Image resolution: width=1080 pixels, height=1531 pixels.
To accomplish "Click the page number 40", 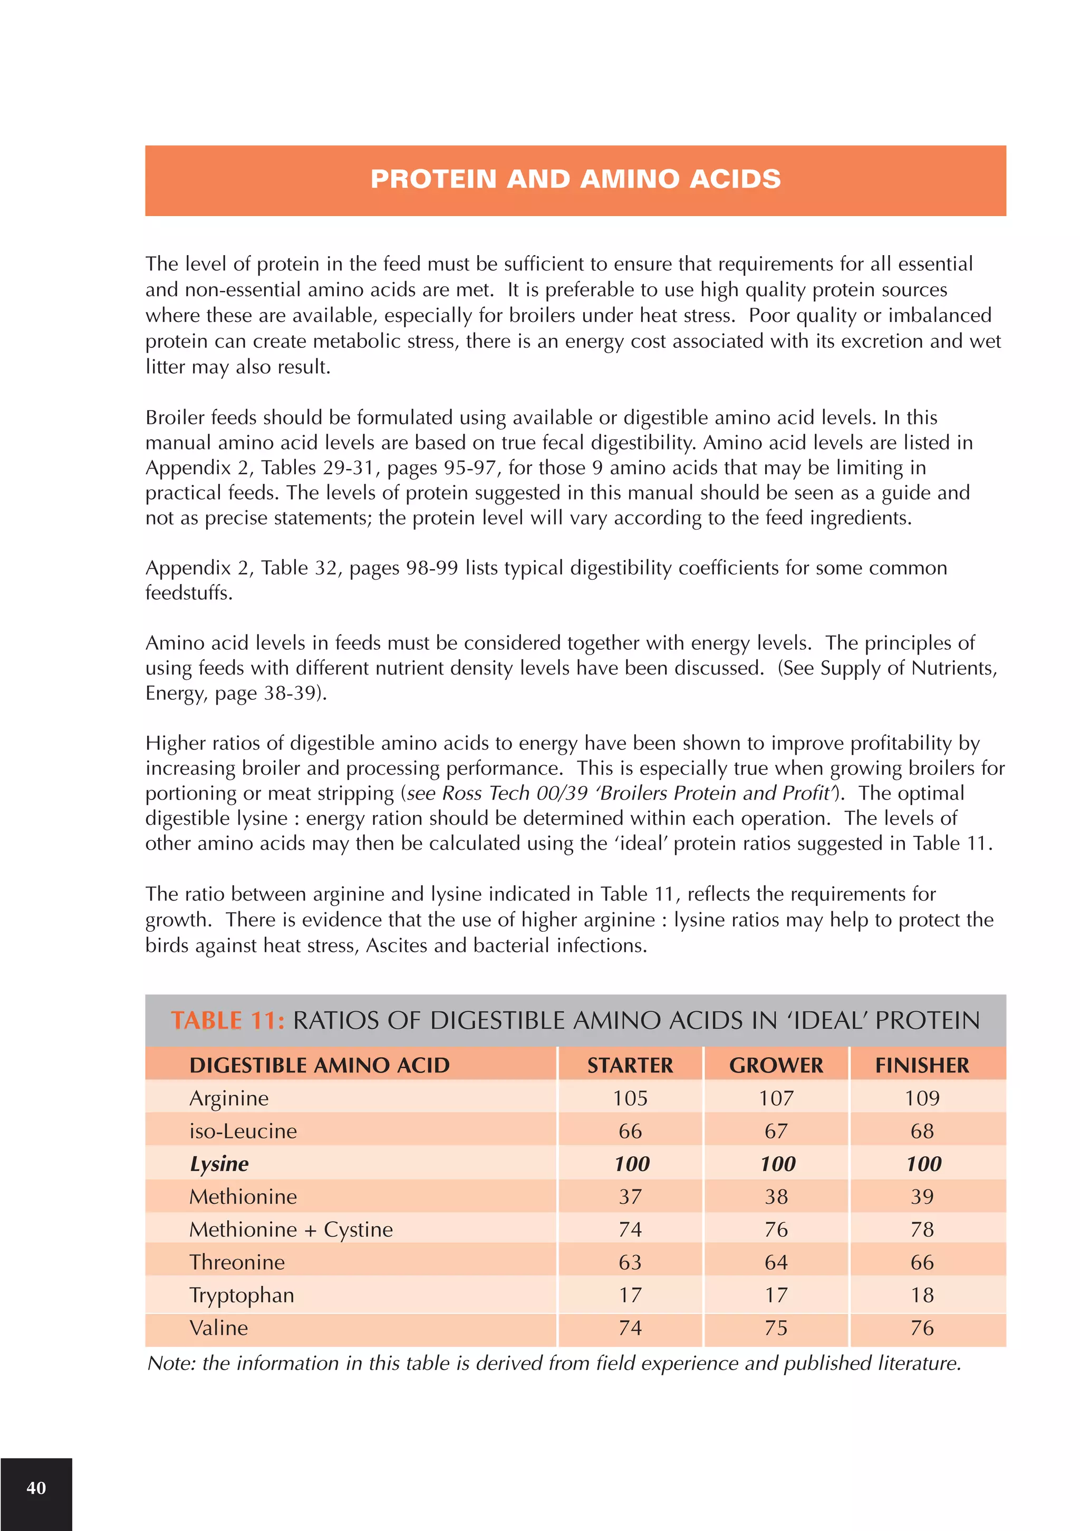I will tap(36, 1488).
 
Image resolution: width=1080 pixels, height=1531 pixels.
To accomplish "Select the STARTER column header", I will tap(630, 1066).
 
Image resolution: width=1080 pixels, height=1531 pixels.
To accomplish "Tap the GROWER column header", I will tap(776, 1066).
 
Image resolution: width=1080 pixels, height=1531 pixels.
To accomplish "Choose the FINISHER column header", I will tap(922, 1066).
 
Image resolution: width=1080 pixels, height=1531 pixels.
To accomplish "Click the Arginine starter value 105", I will tap(630, 1098).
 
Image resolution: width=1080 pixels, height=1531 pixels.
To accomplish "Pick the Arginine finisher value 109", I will tap(922, 1098).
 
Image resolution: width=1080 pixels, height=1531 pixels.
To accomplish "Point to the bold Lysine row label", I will tap(219, 1164).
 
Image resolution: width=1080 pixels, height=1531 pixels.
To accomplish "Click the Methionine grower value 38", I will tap(776, 1197).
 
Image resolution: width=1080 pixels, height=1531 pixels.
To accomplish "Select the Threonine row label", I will tap(237, 1262).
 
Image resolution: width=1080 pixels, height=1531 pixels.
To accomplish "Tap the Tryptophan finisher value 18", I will tap(922, 1295).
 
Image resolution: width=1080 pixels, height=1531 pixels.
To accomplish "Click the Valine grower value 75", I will tap(776, 1328).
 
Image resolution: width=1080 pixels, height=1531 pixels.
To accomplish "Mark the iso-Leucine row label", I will tap(243, 1132).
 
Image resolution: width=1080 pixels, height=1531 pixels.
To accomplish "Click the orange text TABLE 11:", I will tap(227, 1021).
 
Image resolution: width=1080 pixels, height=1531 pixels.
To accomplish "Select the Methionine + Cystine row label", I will tap(291, 1230).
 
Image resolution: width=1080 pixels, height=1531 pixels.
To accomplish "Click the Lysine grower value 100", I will tap(777, 1164).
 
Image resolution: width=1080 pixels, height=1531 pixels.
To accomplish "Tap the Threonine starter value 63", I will tap(630, 1262).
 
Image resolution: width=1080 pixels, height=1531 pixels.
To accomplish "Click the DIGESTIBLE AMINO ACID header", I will tap(319, 1066).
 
